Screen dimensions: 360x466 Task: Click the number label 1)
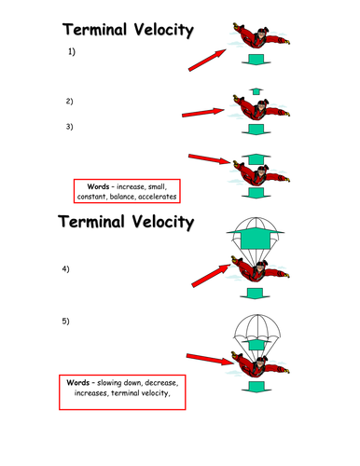click(x=72, y=51)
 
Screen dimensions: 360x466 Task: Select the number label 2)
click(x=69, y=102)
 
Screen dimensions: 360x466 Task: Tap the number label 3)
click(x=69, y=127)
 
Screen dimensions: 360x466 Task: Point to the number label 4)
click(x=65, y=268)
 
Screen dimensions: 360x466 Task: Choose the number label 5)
click(x=65, y=321)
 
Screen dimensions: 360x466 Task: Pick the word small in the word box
click(x=157, y=186)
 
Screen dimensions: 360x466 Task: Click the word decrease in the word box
click(x=161, y=383)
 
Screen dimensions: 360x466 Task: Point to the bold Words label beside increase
click(x=98, y=186)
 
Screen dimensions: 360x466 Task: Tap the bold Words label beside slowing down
click(x=78, y=382)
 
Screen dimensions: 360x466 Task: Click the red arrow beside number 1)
click(x=207, y=61)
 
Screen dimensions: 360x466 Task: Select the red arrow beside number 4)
click(x=211, y=276)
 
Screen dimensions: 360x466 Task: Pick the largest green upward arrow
click(x=256, y=239)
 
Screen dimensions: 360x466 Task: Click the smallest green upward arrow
click(x=256, y=91)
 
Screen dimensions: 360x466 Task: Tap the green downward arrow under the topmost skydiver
click(x=256, y=60)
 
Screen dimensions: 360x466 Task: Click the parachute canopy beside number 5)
click(x=257, y=326)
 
